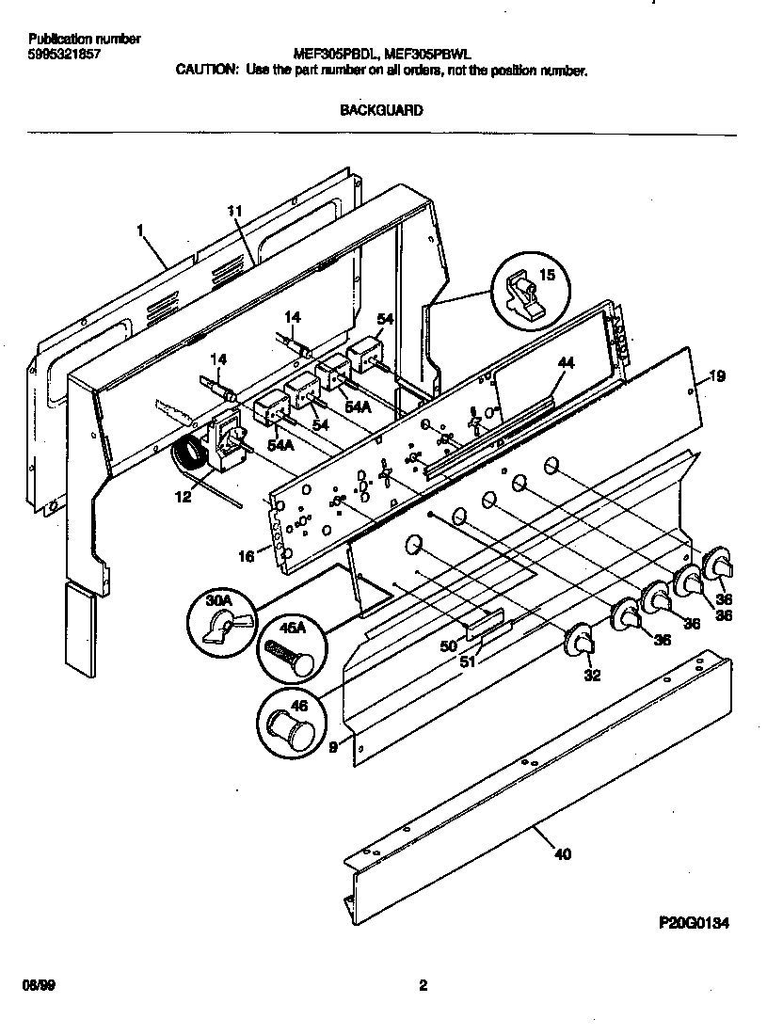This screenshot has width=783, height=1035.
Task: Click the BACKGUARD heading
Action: point(380,110)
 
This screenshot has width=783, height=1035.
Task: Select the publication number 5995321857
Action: point(65,55)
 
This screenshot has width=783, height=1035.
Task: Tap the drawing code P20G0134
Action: point(694,924)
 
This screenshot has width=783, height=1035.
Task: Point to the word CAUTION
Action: point(207,70)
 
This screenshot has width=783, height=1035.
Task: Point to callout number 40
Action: point(562,854)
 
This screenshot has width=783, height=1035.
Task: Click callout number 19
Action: point(717,377)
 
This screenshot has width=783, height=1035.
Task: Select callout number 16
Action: point(246,557)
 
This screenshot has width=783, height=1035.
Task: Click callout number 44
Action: point(565,362)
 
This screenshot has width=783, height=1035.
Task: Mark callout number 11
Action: point(235,212)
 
